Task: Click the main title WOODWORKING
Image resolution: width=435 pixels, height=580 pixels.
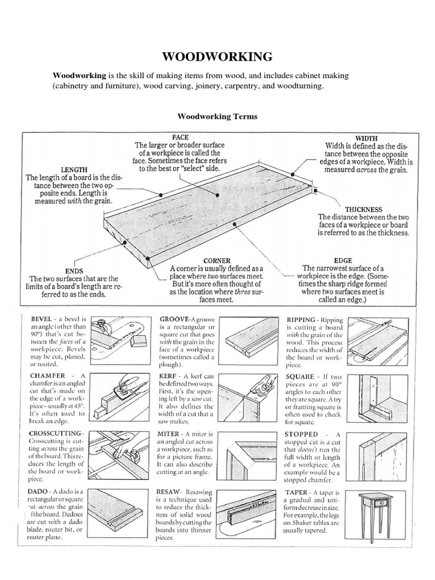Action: click(217, 56)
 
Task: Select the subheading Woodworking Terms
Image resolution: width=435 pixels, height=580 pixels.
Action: click(217, 116)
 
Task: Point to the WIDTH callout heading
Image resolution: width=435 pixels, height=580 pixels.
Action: click(366, 138)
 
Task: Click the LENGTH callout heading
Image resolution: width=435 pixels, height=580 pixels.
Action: click(74, 169)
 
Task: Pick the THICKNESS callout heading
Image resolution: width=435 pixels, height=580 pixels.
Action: click(363, 209)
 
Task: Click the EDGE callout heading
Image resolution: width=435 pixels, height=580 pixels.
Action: click(343, 261)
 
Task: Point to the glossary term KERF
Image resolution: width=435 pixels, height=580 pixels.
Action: click(171, 377)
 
